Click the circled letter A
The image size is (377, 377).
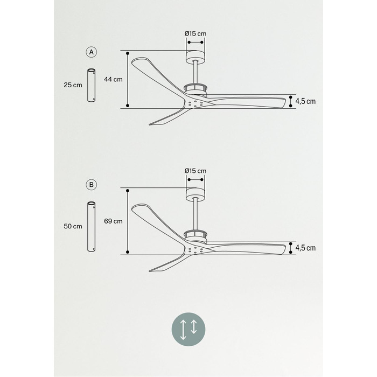pyautogui.click(x=92, y=52)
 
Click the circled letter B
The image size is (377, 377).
pyautogui.click(x=92, y=185)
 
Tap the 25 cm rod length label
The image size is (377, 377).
pyautogui.click(x=73, y=85)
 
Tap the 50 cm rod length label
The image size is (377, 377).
pyautogui.click(x=73, y=226)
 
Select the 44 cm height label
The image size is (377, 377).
pyautogui.click(x=113, y=79)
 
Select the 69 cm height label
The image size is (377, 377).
pyautogui.click(x=113, y=221)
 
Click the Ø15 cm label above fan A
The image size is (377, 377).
pyautogui.click(x=196, y=33)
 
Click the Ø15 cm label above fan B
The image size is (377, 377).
pyautogui.click(x=196, y=171)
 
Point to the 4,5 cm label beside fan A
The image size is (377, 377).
pyautogui.click(x=305, y=101)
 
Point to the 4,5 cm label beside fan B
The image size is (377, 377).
pyautogui.click(x=305, y=248)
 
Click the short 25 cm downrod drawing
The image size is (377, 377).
pyautogui.click(x=91, y=85)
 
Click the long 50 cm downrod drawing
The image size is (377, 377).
pyautogui.click(x=91, y=227)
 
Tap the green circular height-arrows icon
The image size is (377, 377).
pyautogui.click(x=188, y=330)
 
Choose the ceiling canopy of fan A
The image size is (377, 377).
pyautogui.click(x=196, y=57)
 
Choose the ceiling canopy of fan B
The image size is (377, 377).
pyautogui.click(x=196, y=194)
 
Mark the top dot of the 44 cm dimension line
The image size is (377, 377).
pyautogui.click(x=128, y=53)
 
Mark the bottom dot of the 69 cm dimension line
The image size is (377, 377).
pyautogui.click(x=128, y=252)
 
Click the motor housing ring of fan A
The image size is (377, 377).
pyautogui.click(x=196, y=89)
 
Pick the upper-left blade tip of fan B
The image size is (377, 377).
pyautogui.click(x=132, y=209)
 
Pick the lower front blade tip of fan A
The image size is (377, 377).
pyautogui.click(x=150, y=124)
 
